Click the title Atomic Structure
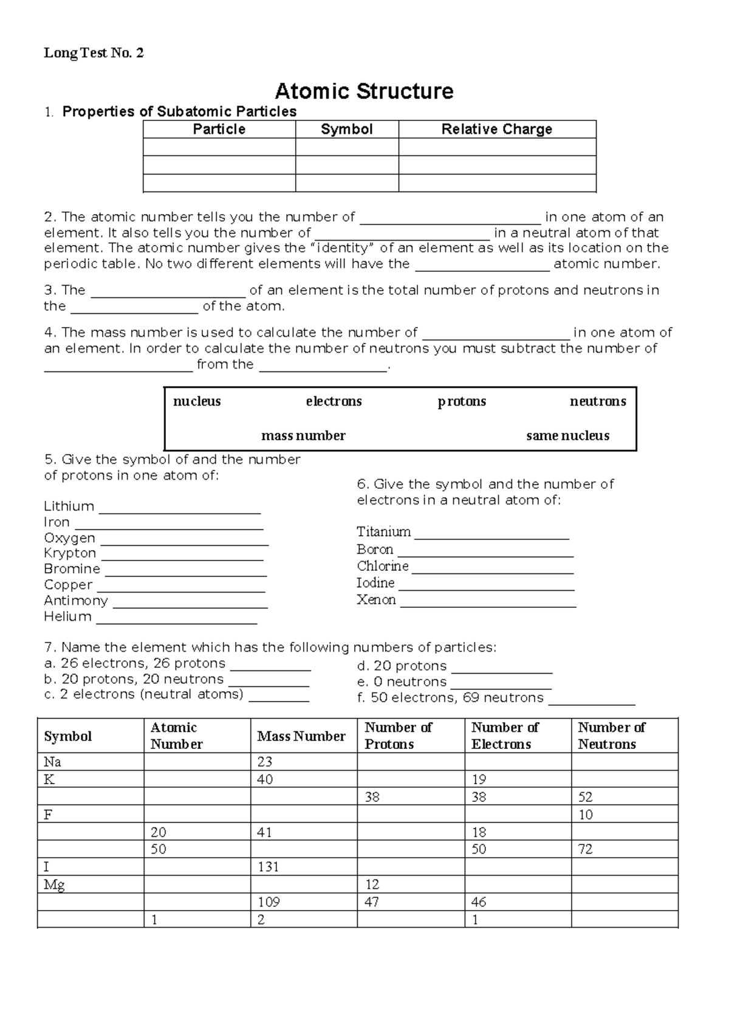[x=364, y=91]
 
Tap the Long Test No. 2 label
[x=94, y=53]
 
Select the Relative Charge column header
[x=496, y=129]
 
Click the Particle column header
[x=219, y=129]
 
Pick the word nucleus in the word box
[x=197, y=401]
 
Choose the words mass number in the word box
[x=303, y=435]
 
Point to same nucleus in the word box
[x=567, y=435]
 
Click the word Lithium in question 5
[x=69, y=506]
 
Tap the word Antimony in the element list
[x=76, y=601]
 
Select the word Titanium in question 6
[x=383, y=532]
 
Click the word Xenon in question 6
[x=376, y=600]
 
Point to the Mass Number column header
[x=301, y=736]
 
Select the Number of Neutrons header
[x=611, y=736]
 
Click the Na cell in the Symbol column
[x=52, y=762]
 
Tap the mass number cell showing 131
[x=268, y=867]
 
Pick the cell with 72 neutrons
[x=585, y=849]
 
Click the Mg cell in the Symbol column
[x=54, y=884]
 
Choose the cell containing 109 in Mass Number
[x=269, y=902]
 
